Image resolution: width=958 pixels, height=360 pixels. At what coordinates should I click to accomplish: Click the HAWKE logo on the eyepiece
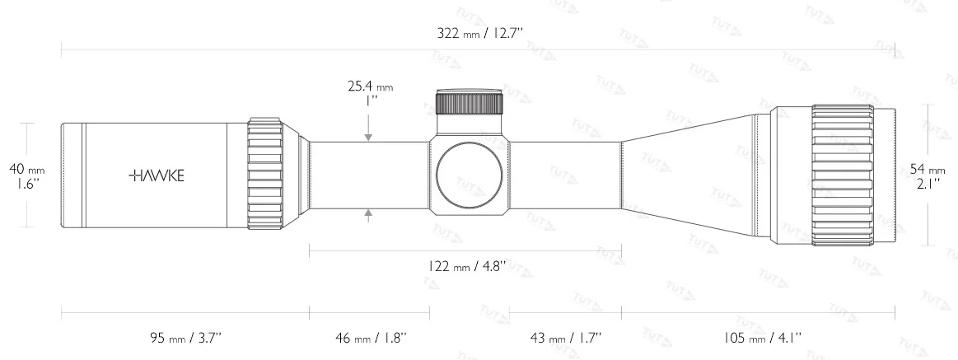(x=157, y=175)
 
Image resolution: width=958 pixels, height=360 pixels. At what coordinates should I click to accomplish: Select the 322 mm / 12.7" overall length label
(x=481, y=34)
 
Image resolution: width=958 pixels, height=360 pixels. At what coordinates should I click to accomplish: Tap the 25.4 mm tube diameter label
(x=370, y=85)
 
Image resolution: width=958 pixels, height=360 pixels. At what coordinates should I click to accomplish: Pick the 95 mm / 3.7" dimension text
(x=185, y=338)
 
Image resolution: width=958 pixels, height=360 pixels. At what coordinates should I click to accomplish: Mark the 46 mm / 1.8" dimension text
(x=369, y=338)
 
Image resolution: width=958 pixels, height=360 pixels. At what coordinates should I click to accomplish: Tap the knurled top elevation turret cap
(x=469, y=102)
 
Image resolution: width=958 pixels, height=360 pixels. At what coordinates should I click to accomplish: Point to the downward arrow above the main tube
(x=368, y=136)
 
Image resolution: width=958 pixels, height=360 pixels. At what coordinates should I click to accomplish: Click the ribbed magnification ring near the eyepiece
(x=265, y=175)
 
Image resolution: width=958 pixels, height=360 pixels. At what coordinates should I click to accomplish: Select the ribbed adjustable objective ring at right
(x=842, y=175)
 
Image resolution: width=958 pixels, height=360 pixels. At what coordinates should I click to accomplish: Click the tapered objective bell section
(x=692, y=175)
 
